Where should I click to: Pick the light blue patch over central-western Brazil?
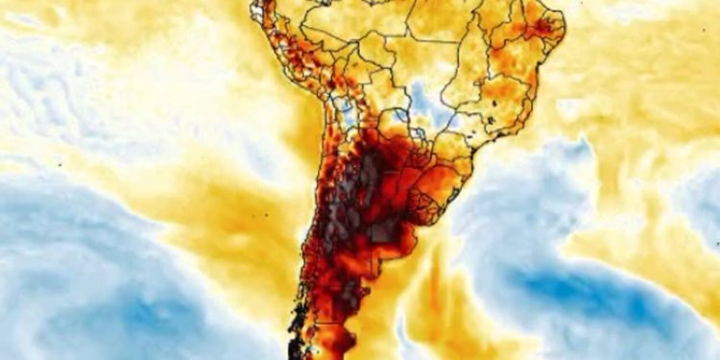coord(422,96)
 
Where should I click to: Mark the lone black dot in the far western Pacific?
coord(60,165)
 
